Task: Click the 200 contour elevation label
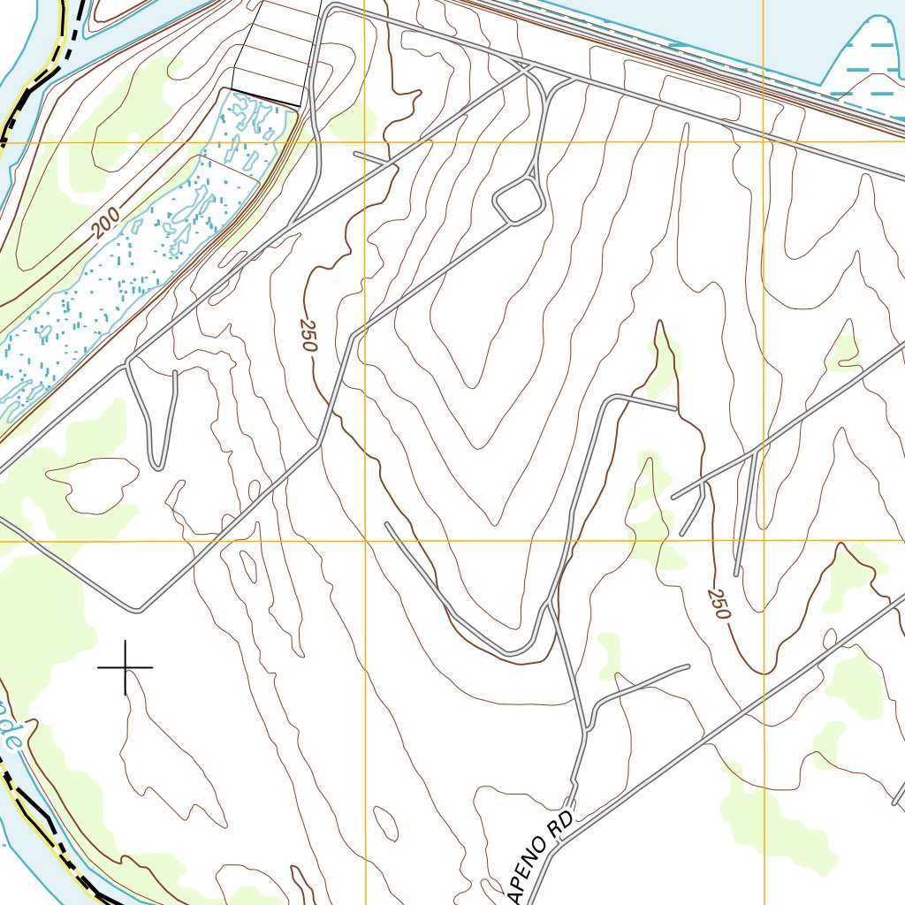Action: click(103, 226)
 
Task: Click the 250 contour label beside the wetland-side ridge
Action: click(308, 336)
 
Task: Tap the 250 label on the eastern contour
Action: click(719, 603)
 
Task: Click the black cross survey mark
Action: click(125, 666)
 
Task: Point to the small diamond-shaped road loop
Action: click(519, 201)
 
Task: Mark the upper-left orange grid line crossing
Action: click(365, 141)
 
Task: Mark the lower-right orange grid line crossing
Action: click(764, 540)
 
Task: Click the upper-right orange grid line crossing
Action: click(764, 141)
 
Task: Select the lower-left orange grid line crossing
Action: click(365, 540)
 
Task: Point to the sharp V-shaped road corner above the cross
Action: click(137, 609)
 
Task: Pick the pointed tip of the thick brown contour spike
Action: click(659, 323)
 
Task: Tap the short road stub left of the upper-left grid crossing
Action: click(369, 157)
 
